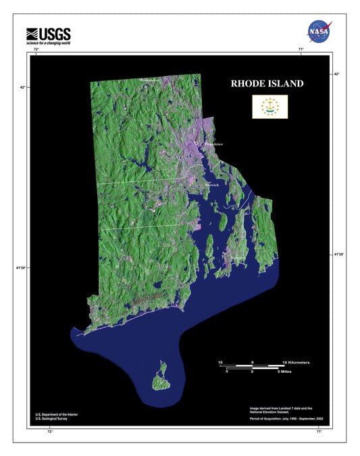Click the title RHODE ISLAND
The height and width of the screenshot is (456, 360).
coord(267,84)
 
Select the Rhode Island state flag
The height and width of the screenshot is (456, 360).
coord(269,106)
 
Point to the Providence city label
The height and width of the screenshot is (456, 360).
coord(213,144)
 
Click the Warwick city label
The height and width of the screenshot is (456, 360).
coord(212,183)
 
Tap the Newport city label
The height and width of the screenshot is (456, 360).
coord(238,258)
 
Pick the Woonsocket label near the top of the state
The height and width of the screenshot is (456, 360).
coord(151,80)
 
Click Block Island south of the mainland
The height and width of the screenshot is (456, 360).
coord(160,376)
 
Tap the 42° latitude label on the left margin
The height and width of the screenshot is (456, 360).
coord(22,87)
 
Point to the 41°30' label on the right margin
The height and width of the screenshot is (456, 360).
coord(338,254)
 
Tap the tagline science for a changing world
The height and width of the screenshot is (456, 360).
coord(48,43)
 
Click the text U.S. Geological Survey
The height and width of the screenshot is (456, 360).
coord(51,419)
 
